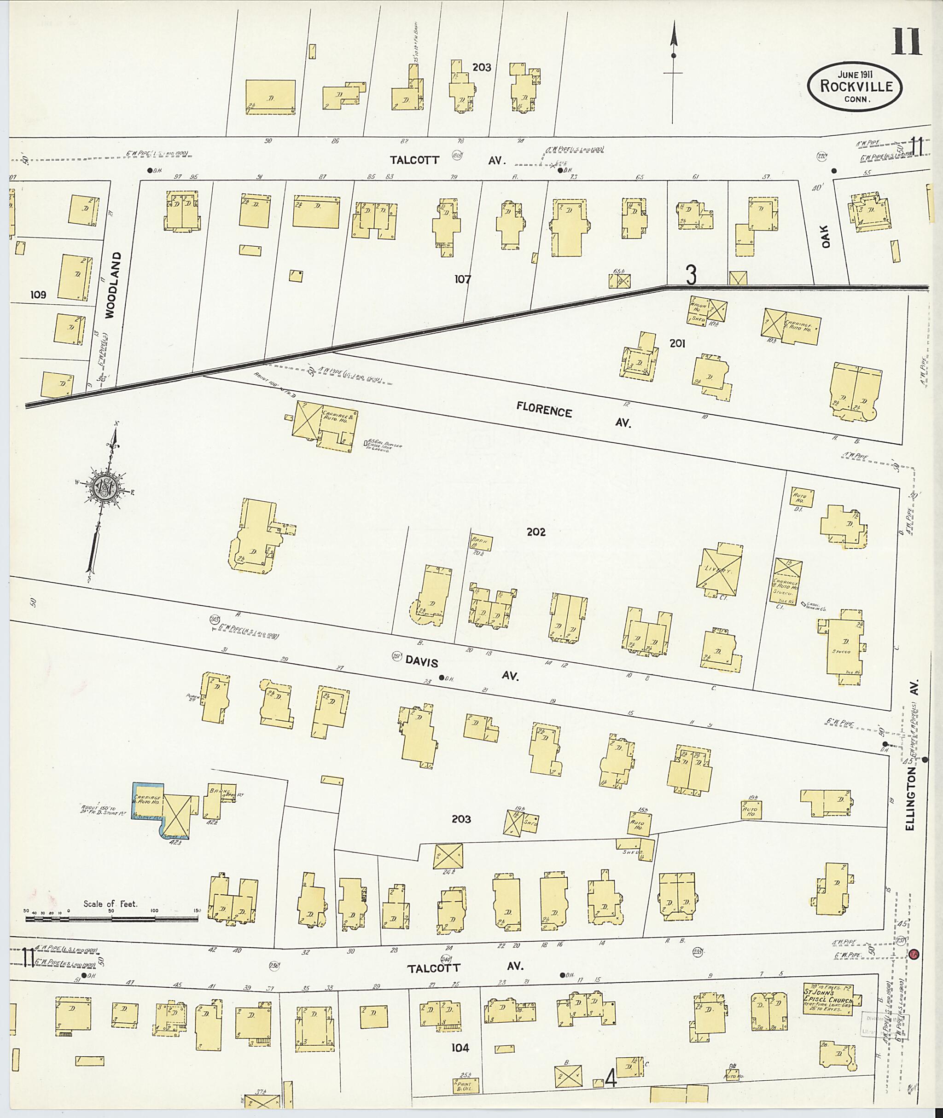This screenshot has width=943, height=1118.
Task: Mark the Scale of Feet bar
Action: point(111,919)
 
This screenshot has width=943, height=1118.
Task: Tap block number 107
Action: point(462,278)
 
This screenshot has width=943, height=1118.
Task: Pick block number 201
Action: point(677,344)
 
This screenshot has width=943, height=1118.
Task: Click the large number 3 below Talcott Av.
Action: point(691,275)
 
